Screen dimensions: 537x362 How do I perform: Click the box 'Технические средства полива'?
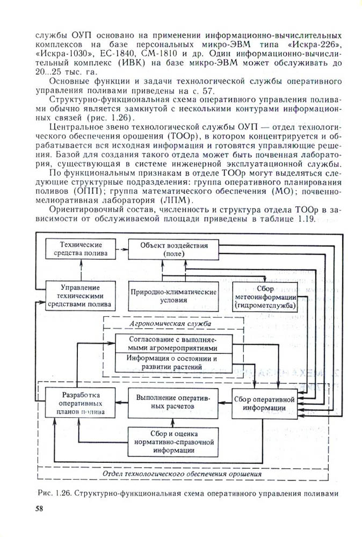(x=81, y=249)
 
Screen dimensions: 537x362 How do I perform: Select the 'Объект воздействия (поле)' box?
(x=174, y=249)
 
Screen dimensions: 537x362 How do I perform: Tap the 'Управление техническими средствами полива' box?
(x=81, y=296)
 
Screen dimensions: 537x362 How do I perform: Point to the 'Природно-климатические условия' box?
(x=173, y=296)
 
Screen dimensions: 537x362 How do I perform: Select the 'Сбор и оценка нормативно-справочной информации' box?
(x=172, y=441)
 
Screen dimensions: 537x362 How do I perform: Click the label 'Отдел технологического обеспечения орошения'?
(x=182, y=475)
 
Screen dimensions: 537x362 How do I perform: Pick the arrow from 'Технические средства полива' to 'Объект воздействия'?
(x=122, y=249)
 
